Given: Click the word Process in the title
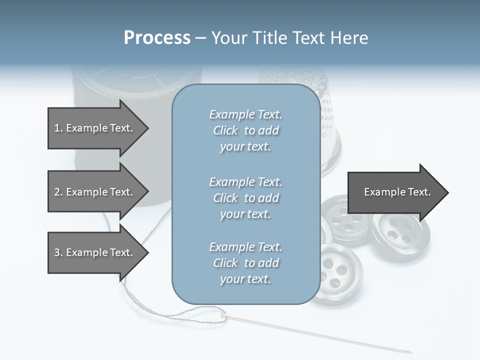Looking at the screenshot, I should point(157,38).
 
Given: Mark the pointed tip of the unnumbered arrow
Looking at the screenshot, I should point(447,192).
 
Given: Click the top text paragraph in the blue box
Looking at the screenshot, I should point(245,130).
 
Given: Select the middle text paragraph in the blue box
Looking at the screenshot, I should point(245,198).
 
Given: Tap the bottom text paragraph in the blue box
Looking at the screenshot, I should point(245,263).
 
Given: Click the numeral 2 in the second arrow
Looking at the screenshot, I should point(56,192).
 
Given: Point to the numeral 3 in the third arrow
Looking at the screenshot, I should point(56,252).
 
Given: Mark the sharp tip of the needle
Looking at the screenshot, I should point(411,352).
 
